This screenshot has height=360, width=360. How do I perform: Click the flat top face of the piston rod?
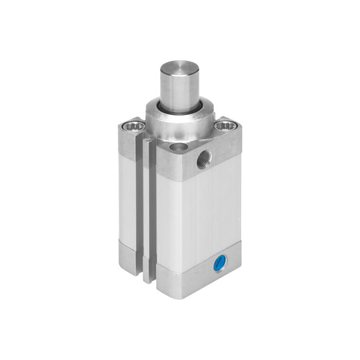coord(179,65)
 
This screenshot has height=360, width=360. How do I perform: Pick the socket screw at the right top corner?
coord(226,125)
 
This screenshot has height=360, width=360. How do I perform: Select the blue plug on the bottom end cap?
coord(220,262)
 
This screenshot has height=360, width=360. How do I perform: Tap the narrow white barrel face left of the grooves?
coord(128,198)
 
